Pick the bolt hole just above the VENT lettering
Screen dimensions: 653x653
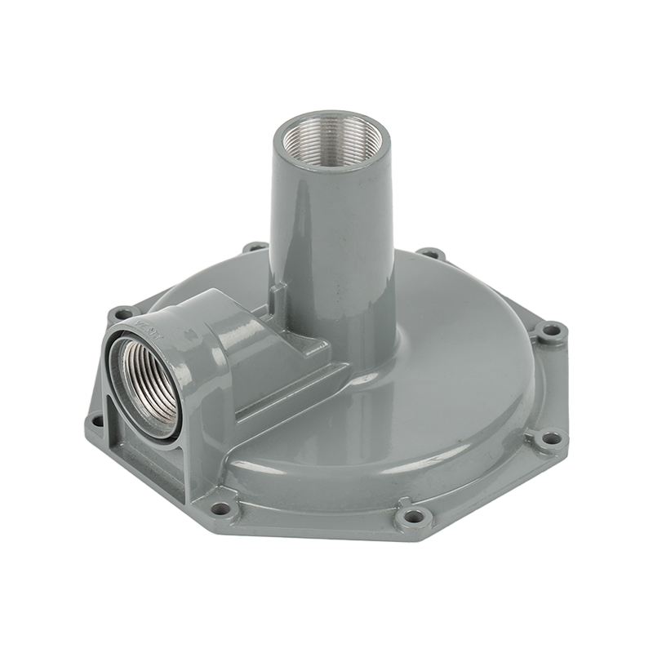pos(122,313)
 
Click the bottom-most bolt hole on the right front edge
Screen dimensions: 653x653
pos(415,516)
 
